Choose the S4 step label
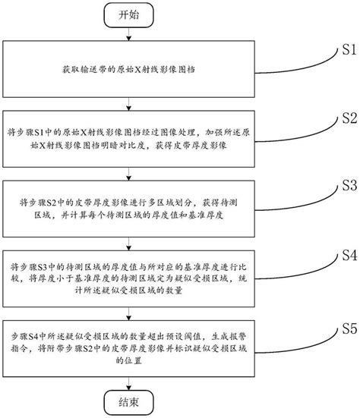343,254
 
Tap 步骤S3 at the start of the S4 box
38,269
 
